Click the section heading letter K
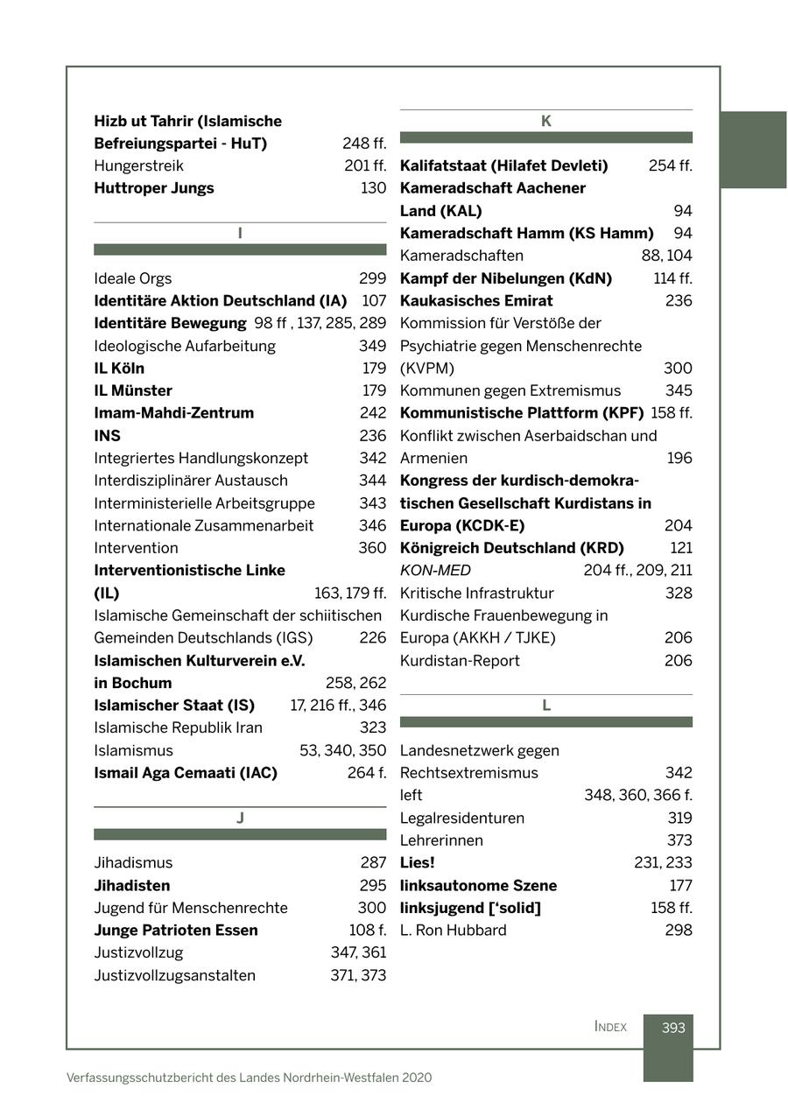click(545, 122)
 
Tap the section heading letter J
click(240, 818)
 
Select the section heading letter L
click(545, 706)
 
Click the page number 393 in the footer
click(672, 1028)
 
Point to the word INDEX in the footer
click(610, 1027)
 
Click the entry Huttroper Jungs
click(154, 188)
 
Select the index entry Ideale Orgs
click(133, 279)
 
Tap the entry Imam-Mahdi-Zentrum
click(174, 413)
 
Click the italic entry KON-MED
click(435, 571)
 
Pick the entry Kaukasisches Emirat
click(476, 301)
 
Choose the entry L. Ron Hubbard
click(454, 931)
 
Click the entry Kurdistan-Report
click(460, 661)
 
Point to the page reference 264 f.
click(367, 773)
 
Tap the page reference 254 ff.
click(670, 166)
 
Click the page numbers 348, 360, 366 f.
click(638, 796)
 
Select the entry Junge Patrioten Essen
click(176, 931)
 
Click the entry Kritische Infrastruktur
click(477, 594)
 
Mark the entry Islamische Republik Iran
click(179, 728)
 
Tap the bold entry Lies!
click(418, 863)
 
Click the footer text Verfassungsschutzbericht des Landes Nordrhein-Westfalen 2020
click(250, 1078)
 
